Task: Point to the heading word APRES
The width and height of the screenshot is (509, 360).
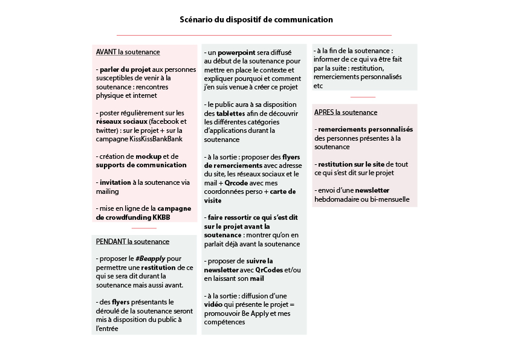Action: coord(324,112)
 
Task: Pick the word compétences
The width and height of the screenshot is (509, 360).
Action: coord(225,322)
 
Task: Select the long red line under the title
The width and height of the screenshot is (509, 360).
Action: coord(254,36)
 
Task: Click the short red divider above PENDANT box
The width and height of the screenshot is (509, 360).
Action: coord(144,228)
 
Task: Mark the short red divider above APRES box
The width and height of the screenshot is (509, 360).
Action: coord(363,97)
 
